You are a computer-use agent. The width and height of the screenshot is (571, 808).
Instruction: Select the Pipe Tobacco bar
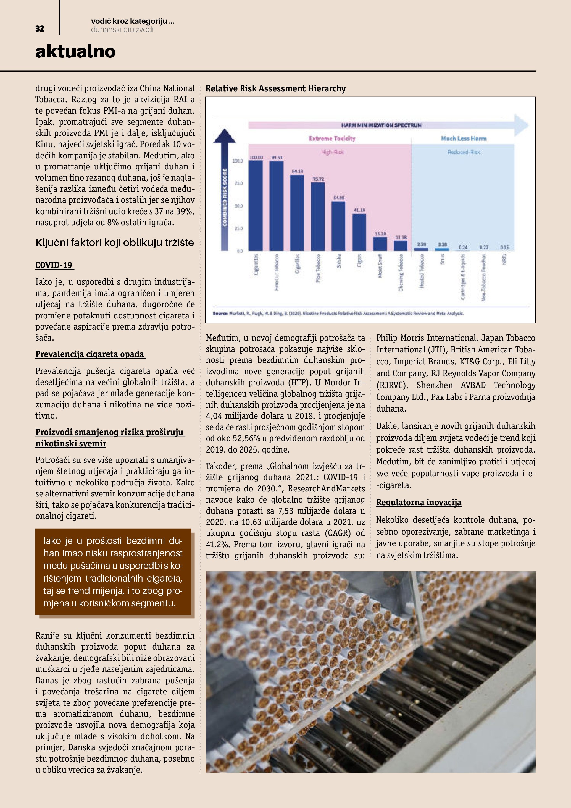(318, 216)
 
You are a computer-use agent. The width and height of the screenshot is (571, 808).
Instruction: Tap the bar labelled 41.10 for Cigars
(359, 232)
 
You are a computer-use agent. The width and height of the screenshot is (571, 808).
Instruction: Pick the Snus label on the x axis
(442, 259)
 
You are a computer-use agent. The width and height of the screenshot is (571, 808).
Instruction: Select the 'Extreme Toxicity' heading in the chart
(332, 139)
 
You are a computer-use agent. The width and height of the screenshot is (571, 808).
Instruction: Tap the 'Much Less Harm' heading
(464, 139)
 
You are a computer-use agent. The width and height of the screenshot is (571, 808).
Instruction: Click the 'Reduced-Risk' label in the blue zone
(464, 152)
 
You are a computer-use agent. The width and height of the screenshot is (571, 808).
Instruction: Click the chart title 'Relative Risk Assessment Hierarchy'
(276, 88)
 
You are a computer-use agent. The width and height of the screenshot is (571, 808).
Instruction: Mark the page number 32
(40, 29)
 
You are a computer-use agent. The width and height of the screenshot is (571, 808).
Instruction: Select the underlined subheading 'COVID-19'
(54, 265)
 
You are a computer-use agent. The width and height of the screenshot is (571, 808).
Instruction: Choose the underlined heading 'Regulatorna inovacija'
(419, 503)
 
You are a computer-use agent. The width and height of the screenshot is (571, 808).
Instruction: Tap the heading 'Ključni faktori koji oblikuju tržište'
(115, 242)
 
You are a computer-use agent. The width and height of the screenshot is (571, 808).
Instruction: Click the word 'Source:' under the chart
(220, 313)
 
